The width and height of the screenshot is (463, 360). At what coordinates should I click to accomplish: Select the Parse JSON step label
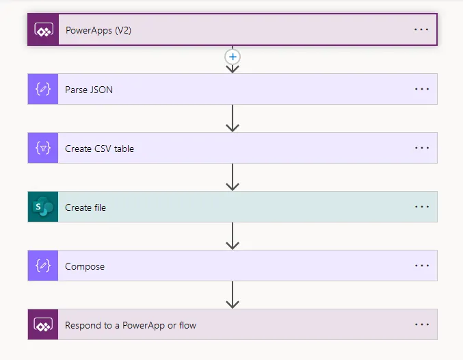pyautogui.click(x=89, y=89)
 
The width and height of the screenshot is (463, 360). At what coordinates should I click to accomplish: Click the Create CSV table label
pyautogui.click(x=99, y=149)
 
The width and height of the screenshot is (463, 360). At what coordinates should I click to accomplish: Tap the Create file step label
pyautogui.click(x=85, y=207)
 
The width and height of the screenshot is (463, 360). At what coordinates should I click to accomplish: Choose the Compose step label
pyautogui.click(x=85, y=266)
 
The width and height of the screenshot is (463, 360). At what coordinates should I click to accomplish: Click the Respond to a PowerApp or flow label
pyautogui.click(x=131, y=325)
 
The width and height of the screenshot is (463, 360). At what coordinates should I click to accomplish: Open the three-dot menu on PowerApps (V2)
pyautogui.click(x=421, y=30)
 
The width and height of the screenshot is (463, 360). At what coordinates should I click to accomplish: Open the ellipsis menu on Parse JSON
pyautogui.click(x=421, y=89)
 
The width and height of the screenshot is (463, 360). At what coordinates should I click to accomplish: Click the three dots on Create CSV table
pyautogui.click(x=421, y=148)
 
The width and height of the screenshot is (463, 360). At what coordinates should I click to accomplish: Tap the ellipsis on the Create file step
pyautogui.click(x=421, y=207)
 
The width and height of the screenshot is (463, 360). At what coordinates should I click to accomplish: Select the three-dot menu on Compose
pyautogui.click(x=421, y=266)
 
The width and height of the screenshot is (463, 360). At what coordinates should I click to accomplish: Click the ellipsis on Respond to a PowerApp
pyautogui.click(x=421, y=324)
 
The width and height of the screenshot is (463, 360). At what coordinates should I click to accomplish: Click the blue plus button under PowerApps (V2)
pyautogui.click(x=233, y=57)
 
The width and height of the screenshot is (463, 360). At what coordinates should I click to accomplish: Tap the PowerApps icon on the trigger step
pyautogui.click(x=43, y=30)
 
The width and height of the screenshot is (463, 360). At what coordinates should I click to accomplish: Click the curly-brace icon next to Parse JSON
pyautogui.click(x=43, y=89)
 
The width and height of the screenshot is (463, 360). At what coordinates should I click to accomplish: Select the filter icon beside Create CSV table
pyautogui.click(x=43, y=149)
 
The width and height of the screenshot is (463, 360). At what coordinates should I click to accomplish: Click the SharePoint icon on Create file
pyautogui.click(x=43, y=207)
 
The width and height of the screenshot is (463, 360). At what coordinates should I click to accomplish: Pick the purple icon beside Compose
pyautogui.click(x=43, y=266)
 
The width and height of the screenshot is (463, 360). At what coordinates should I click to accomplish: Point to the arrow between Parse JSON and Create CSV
pyautogui.click(x=233, y=118)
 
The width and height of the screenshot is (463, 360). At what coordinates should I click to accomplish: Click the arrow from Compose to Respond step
pyautogui.click(x=233, y=295)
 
